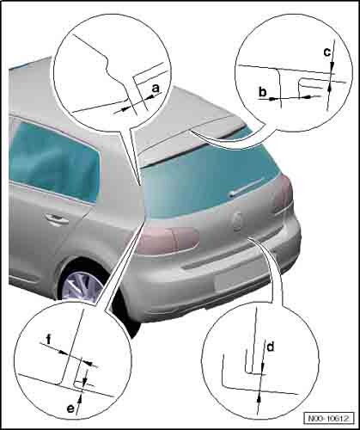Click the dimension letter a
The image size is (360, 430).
[156, 89]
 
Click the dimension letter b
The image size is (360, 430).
[263, 92]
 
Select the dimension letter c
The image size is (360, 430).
[326, 52]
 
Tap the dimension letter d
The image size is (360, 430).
[271, 347]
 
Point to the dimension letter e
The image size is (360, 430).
[70, 408]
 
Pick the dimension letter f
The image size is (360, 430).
[49, 339]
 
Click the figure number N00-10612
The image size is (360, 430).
[329, 418]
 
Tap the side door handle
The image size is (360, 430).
[58, 219]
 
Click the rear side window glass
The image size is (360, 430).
[54, 161]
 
